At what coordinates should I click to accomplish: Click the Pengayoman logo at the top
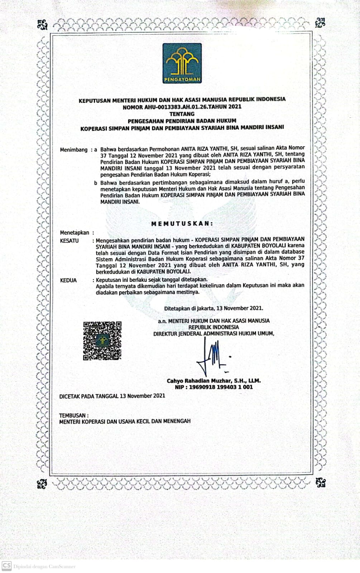coord(182,63)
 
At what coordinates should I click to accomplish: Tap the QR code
coord(102,341)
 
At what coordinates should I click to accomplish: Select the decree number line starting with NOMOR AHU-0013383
coord(182,106)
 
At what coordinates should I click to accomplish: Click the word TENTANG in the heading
coord(182,114)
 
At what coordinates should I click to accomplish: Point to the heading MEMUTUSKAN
coord(182,223)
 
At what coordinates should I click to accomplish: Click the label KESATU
coord(69,241)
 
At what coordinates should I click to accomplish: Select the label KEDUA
coord(68,280)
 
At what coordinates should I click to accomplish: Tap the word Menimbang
coord(73,150)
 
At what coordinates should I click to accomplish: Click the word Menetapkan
coord(75,232)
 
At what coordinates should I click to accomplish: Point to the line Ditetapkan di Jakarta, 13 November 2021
coord(213,308)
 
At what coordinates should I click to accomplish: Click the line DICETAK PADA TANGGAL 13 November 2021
coord(112,396)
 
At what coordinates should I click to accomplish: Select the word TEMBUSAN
coord(73,415)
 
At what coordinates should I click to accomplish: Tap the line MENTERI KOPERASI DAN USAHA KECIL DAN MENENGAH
coord(125,421)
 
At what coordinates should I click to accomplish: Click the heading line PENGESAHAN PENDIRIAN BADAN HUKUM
coord(182,120)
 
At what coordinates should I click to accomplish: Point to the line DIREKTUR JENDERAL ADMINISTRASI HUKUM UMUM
coord(214,333)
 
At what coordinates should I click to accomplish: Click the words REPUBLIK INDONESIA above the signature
coord(214,327)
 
